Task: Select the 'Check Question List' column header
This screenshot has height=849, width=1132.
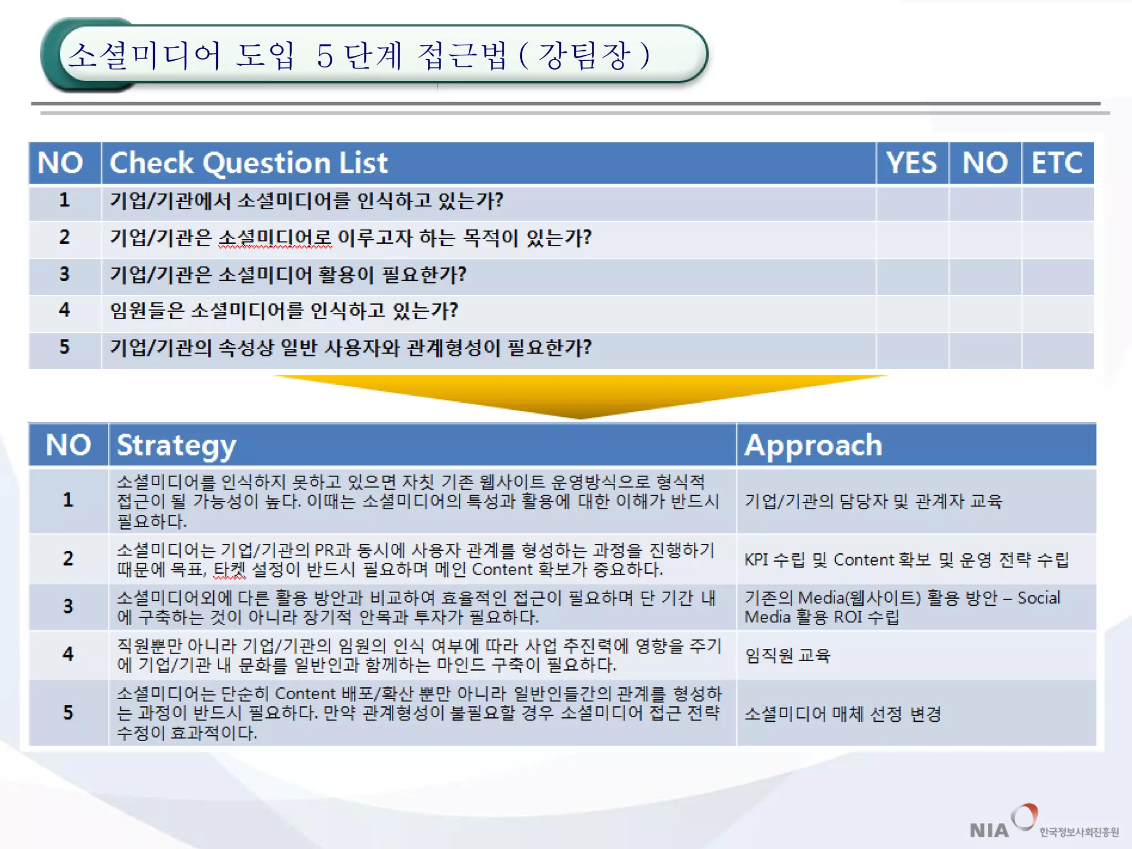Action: click(x=249, y=163)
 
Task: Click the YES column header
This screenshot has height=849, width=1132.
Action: click(x=911, y=163)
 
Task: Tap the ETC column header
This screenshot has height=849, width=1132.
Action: click(x=1057, y=163)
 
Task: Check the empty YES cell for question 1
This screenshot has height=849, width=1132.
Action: click(x=912, y=203)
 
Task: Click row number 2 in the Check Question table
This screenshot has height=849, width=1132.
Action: click(x=65, y=238)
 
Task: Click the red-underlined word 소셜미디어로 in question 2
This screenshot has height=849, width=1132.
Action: click(x=275, y=239)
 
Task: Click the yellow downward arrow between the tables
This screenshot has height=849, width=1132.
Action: click(x=580, y=395)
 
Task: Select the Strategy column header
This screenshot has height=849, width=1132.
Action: click(x=177, y=446)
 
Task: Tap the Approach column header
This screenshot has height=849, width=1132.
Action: click(x=813, y=446)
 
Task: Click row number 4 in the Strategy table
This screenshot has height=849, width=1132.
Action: click(x=68, y=654)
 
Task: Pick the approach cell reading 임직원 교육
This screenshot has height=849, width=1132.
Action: click(x=787, y=656)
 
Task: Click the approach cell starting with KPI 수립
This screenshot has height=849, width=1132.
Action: click(x=906, y=560)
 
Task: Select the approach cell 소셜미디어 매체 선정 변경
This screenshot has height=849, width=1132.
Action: click(x=842, y=714)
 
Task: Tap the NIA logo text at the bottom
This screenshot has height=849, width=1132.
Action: click(x=989, y=830)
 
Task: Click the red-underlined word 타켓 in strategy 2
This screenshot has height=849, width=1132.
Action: click(x=230, y=570)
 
